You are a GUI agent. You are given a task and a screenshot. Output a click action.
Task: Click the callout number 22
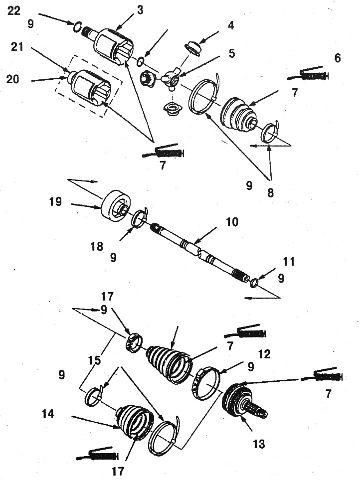[x=13, y=10]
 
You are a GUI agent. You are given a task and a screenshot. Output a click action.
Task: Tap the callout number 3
[x=140, y=10]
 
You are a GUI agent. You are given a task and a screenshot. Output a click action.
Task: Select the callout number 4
[x=231, y=25]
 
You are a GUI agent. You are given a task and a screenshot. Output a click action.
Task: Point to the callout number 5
[x=232, y=53]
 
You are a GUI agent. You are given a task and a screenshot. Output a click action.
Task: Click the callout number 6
[x=338, y=58]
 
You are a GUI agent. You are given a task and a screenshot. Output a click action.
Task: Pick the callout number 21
[x=17, y=47]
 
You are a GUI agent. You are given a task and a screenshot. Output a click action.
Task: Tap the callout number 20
[x=12, y=79]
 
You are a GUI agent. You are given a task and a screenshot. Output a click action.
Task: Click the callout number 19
[x=55, y=202]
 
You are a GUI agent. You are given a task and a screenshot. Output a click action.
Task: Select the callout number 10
[x=232, y=222]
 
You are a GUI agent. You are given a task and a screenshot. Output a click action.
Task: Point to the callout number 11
[x=289, y=262]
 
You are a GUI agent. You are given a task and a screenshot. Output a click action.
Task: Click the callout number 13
[x=259, y=444]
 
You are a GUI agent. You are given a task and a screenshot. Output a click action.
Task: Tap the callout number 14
[x=47, y=414]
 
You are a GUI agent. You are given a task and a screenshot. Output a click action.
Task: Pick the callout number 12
[x=264, y=354]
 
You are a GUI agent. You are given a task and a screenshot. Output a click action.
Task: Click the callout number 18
[x=97, y=246]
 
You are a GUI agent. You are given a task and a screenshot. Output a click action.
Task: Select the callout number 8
[x=270, y=193]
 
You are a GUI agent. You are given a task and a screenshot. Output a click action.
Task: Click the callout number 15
[x=94, y=360]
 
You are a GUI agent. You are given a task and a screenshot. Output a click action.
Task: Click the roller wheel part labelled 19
[x=116, y=205]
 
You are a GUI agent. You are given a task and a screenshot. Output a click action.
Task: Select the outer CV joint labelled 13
[x=243, y=402]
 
